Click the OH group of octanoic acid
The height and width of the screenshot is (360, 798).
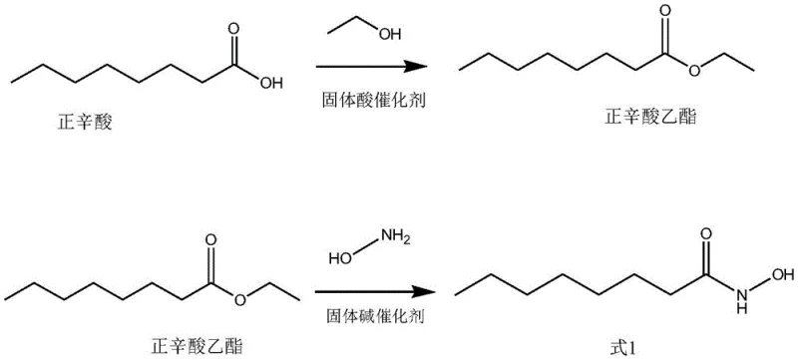pyautogui.click(x=270, y=84)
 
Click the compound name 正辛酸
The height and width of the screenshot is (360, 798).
pyautogui.click(x=84, y=127)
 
